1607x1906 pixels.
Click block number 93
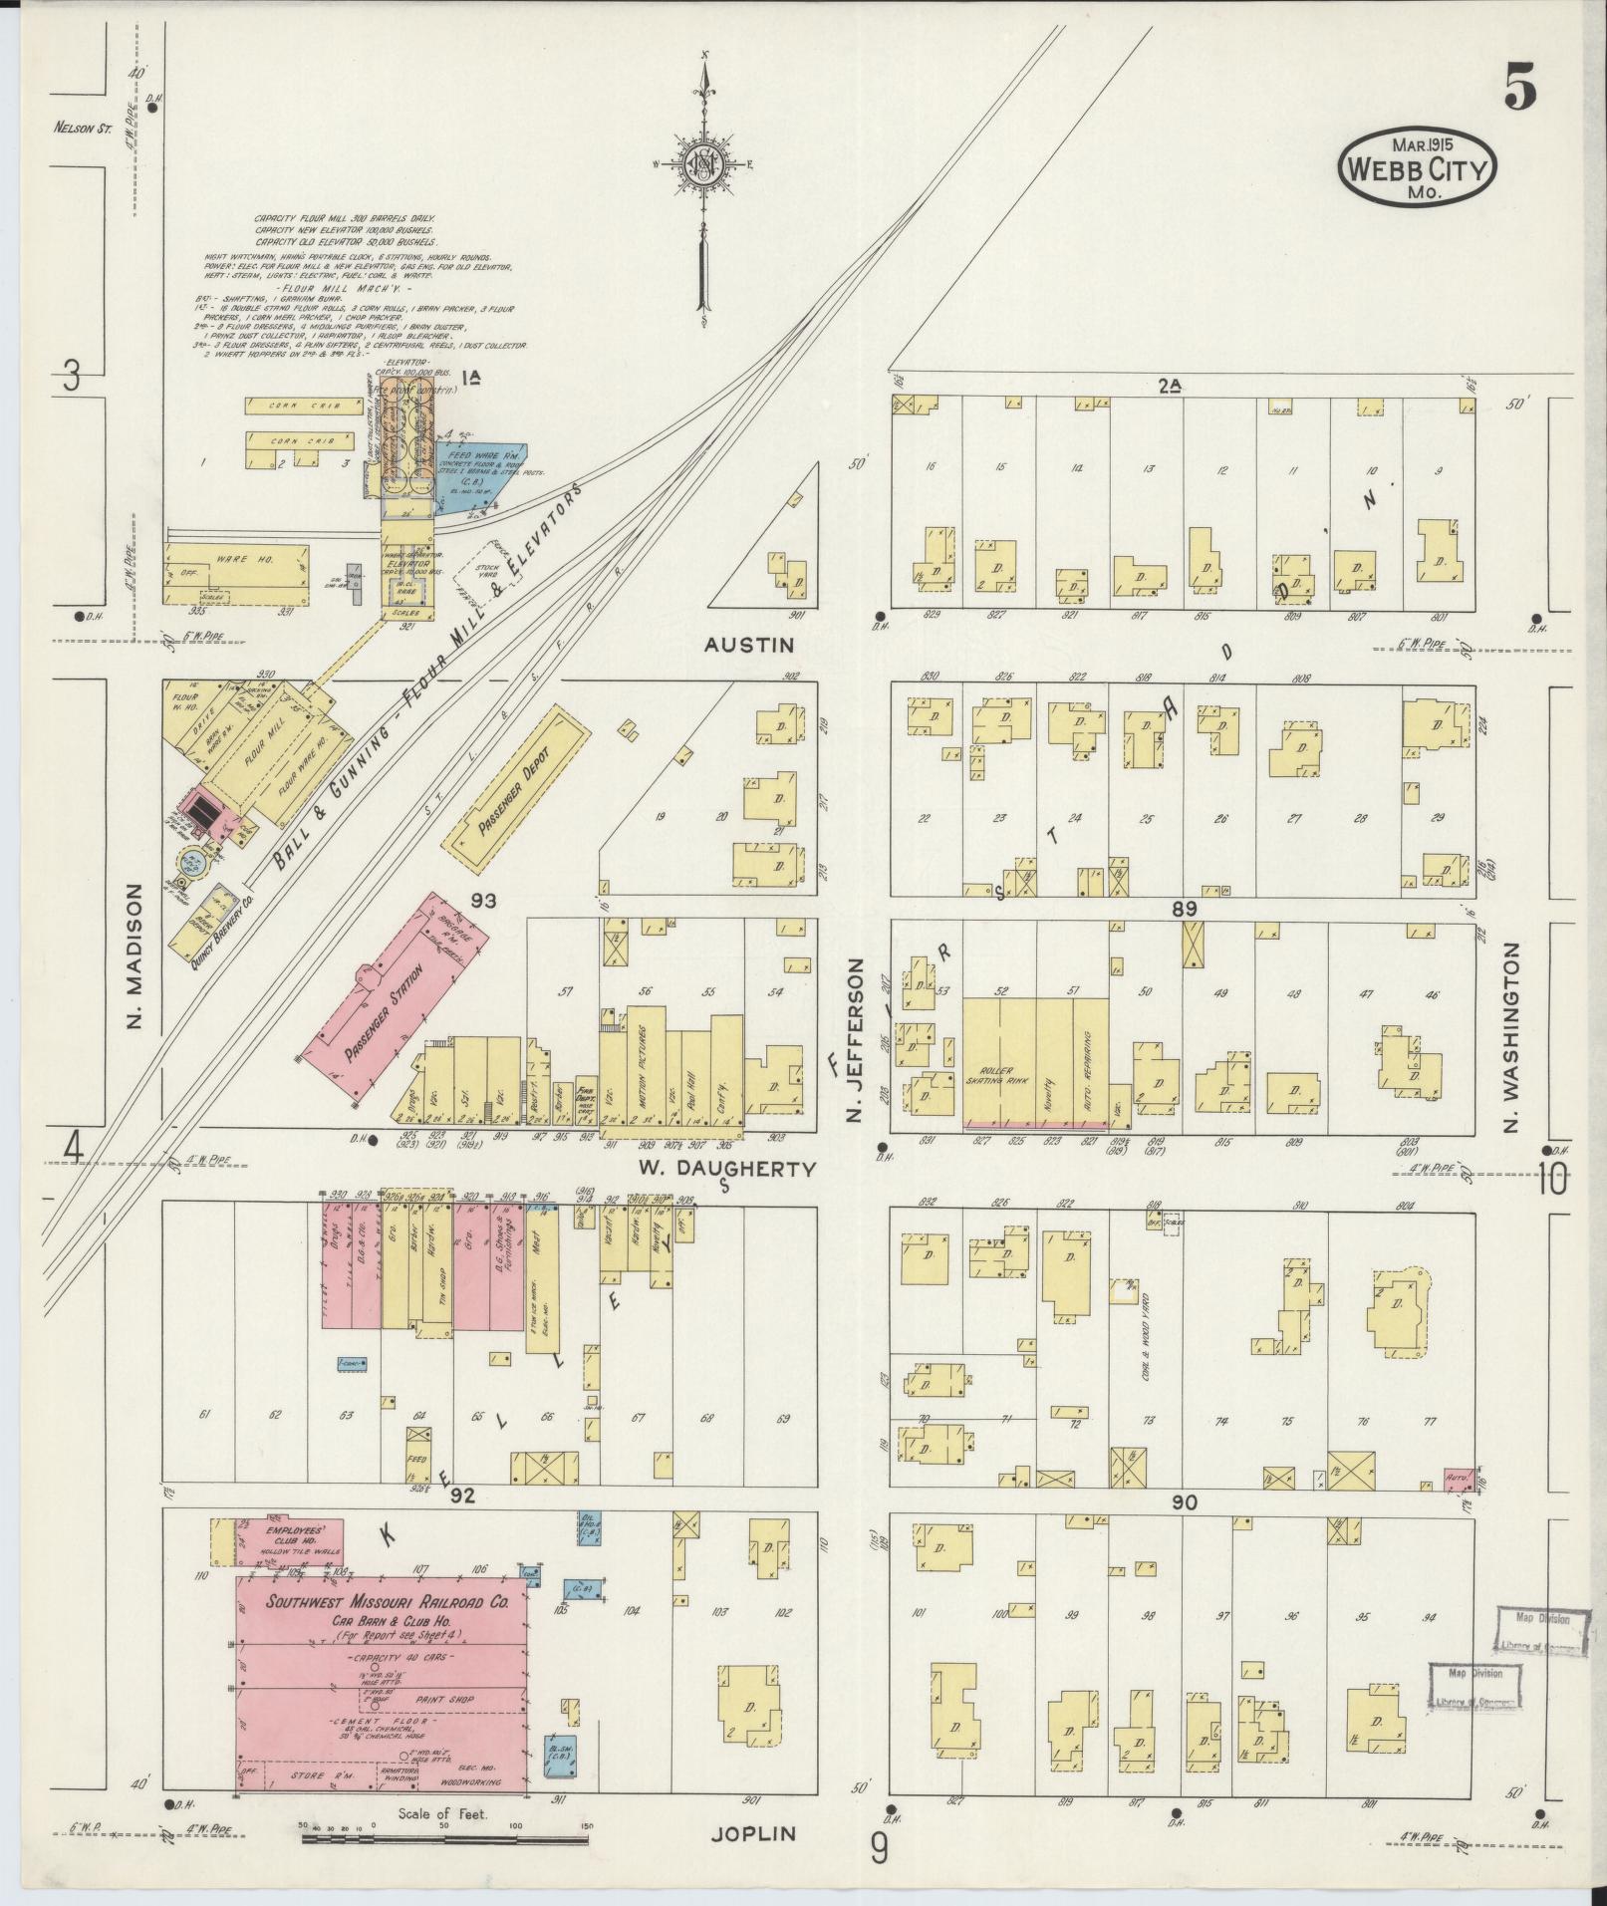click(484, 900)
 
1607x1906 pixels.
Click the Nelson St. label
click(82, 127)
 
